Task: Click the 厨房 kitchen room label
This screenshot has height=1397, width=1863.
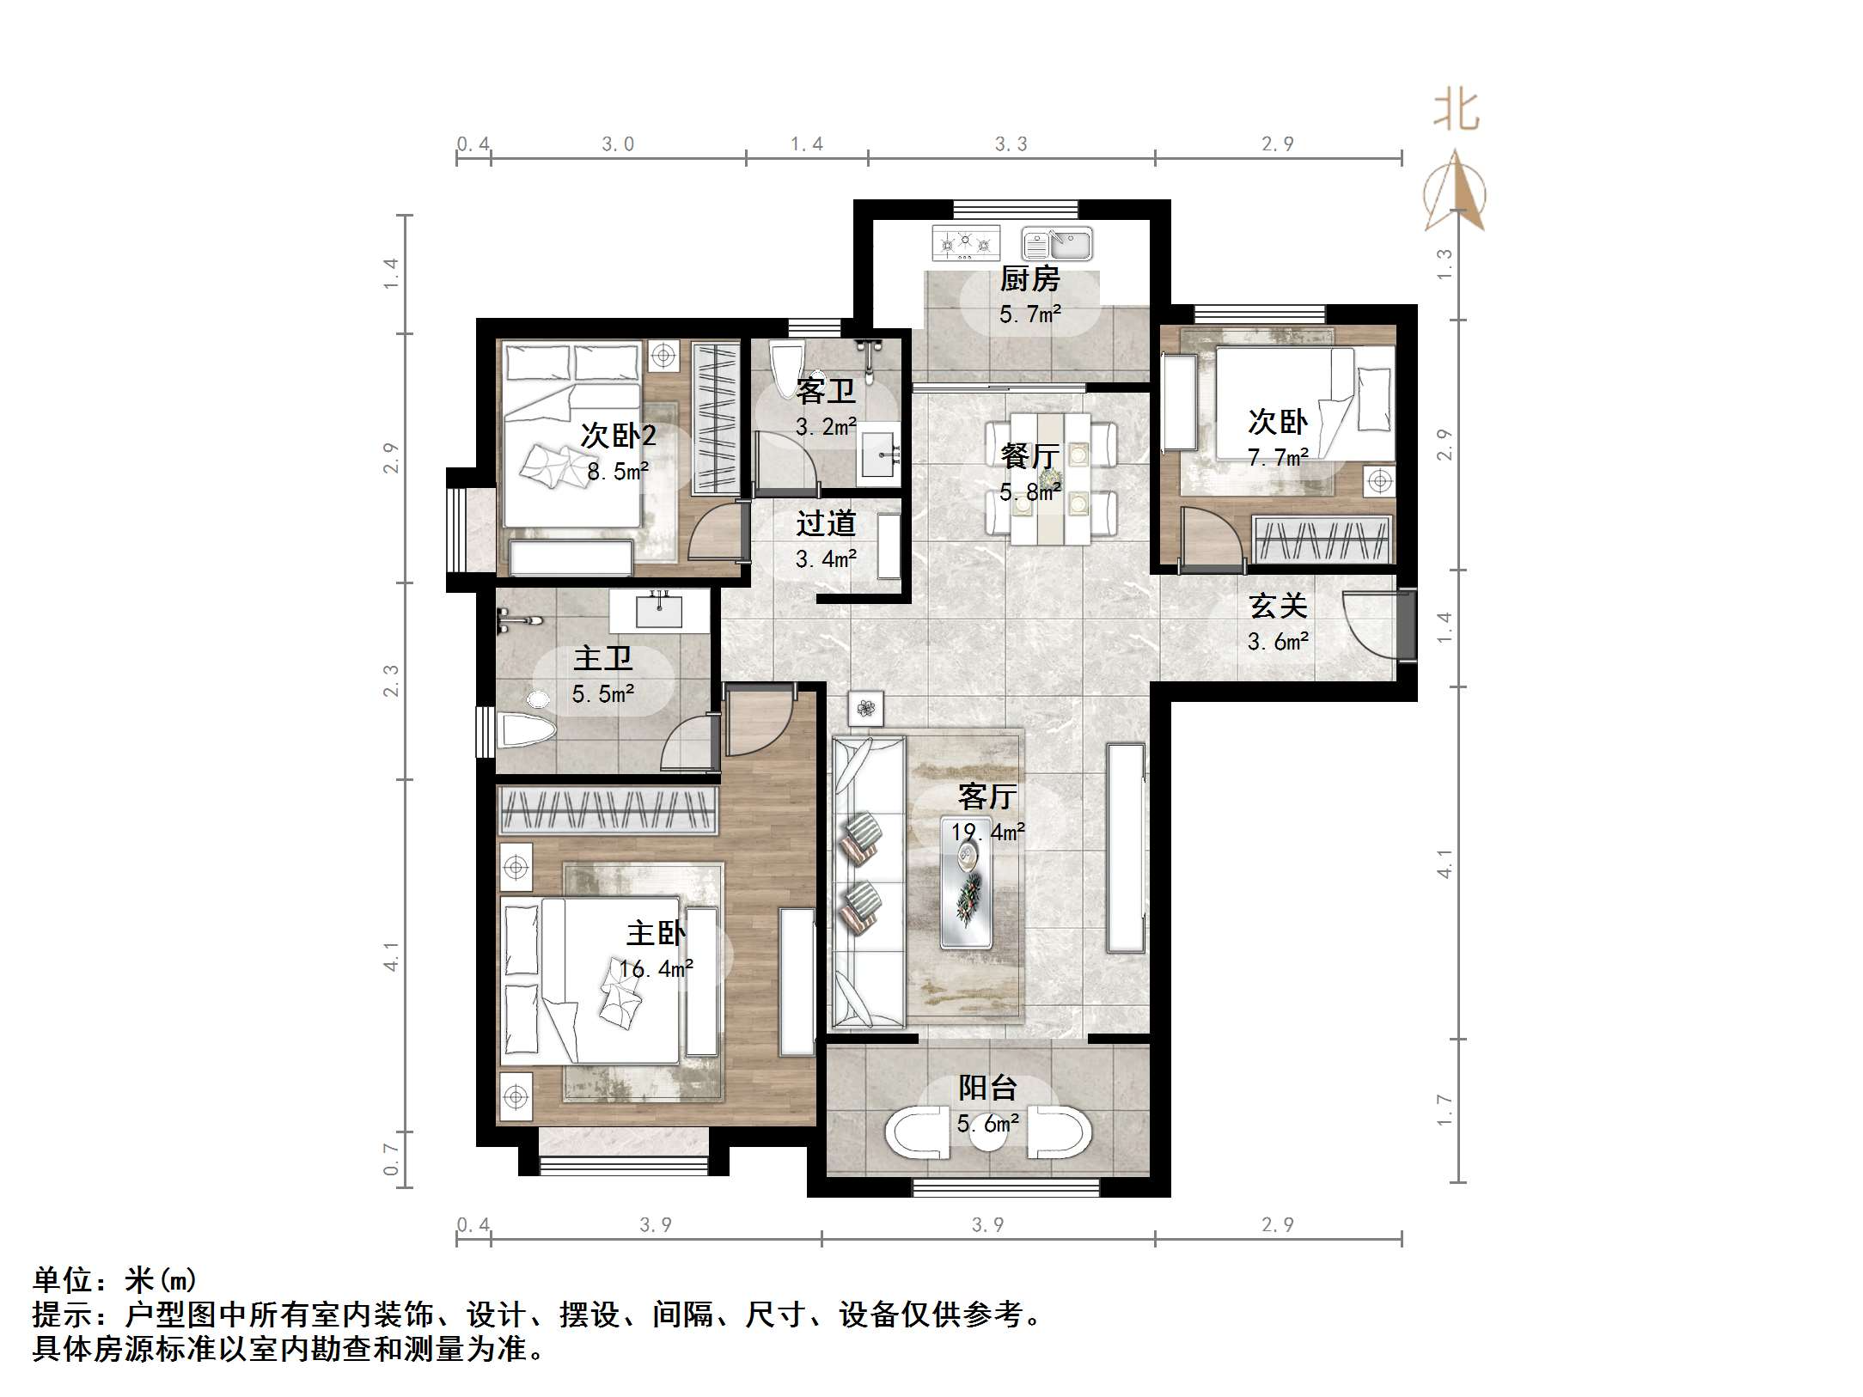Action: pyautogui.click(x=1029, y=278)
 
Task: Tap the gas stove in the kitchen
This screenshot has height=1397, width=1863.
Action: pyautogui.click(x=967, y=242)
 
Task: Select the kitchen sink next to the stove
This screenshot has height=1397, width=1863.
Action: pyautogui.click(x=1057, y=244)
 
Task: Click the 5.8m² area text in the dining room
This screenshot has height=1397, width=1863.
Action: pyautogui.click(x=1030, y=492)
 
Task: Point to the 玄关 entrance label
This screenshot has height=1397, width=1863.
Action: pyautogui.click(x=1278, y=606)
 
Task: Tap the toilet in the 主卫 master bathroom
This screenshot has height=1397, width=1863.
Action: pyautogui.click(x=526, y=729)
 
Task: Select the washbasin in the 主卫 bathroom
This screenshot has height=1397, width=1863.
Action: pyautogui.click(x=659, y=611)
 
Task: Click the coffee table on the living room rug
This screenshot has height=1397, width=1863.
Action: pyautogui.click(x=968, y=894)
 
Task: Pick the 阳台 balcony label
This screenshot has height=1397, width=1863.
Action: pyautogui.click(x=987, y=1088)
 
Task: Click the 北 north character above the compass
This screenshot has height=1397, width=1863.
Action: pyautogui.click(x=1456, y=111)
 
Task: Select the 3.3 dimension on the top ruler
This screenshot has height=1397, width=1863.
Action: pyautogui.click(x=1011, y=143)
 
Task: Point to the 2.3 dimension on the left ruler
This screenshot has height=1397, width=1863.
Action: pyautogui.click(x=391, y=680)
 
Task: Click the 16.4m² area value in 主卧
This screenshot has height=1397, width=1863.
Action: pyautogui.click(x=656, y=969)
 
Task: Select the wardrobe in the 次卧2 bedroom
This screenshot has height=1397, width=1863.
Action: pyautogui.click(x=715, y=418)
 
